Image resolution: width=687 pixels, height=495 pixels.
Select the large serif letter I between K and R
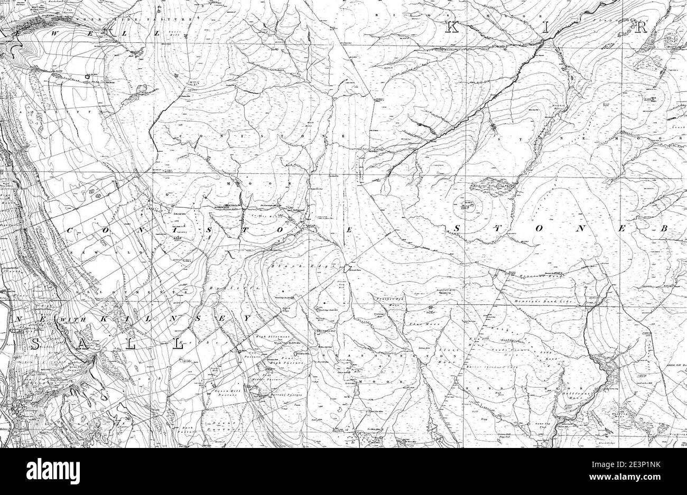pyautogui.click(x=544, y=29)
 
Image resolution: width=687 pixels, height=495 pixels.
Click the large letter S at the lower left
pyautogui.click(x=35, y=344)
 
